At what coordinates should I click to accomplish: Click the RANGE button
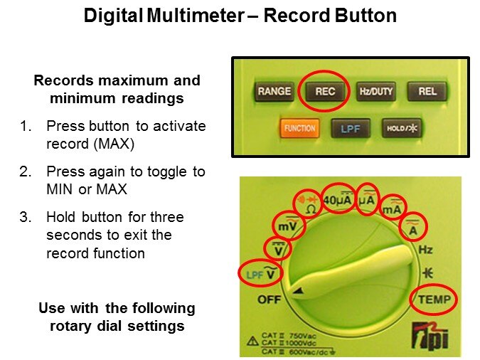click(274, 91)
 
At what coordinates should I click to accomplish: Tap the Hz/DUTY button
click(376, 91)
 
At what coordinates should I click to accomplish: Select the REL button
click(427, 91)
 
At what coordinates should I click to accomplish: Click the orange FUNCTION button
click(299, 128)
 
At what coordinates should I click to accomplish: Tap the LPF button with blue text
click(351, 128)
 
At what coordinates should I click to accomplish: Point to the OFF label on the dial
click(269, 300)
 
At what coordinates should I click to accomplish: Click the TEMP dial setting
click(434, 300)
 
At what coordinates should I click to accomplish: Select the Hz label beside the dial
click(425, 250)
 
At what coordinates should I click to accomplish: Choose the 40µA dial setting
click(337, 199)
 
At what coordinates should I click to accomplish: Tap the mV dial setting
click(287, 226)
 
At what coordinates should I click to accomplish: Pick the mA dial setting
click(392, 208)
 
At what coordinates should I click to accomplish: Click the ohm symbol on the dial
click(311, 210)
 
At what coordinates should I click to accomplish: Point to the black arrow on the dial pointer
click(298, 291)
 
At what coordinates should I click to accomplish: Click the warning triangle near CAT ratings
click(253, 341)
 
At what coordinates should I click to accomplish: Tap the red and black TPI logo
click(430, 337)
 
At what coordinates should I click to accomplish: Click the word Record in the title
click(296, 16)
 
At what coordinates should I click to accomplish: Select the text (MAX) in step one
click(114, 144)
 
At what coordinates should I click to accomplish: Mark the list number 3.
click(26, 217)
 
